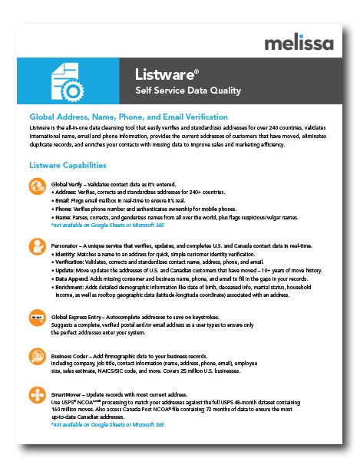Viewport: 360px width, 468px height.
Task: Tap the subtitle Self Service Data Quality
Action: pos(187,91)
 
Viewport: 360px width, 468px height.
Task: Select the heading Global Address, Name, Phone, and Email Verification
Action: pos(128,116)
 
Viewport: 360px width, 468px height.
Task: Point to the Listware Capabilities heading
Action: pos(68,165)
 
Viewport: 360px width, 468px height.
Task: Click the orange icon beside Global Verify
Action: pos(38,186)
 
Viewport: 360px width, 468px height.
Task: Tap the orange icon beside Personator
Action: pos(38,247)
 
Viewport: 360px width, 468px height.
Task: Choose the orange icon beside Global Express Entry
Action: pos(38,316)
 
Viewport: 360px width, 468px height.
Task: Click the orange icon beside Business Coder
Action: pos(38,356)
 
